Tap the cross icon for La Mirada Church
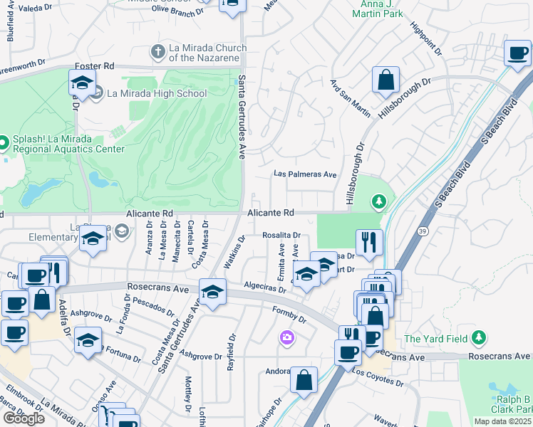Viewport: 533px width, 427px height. click(x=159, y=52)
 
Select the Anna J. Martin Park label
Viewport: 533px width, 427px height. click(x=376, y=9)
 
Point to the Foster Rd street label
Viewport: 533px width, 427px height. click(x=94, y=65)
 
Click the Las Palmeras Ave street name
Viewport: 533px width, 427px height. click(x=306, y=174)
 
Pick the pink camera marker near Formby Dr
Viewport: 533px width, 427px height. click(x=287, y=337)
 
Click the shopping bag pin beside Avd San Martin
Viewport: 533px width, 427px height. click(x=385, y=80)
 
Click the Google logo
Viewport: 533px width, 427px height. click(x=24, y=418)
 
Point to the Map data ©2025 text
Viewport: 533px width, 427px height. click(x=503, y=421)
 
